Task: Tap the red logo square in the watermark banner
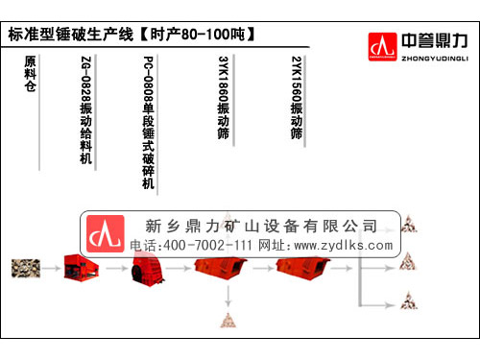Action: pyautogui.click(x=106, y=234)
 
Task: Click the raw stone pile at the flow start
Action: pyautogui.click(x=26, y=268)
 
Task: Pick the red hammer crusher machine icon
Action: pyautogui.click(x=146, y=268)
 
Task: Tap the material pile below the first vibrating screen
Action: pyautogui.click(x=228, y=321)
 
